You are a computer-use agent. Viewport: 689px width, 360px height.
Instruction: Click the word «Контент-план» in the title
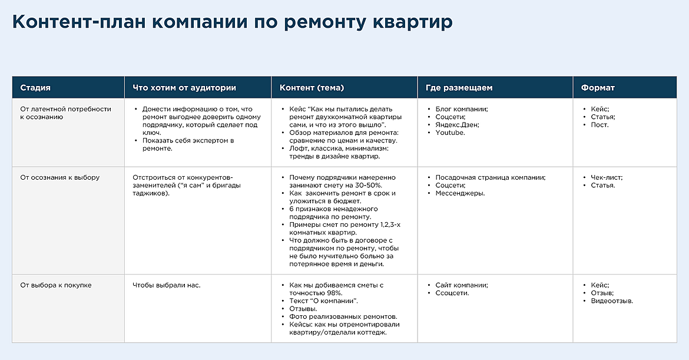pos(79,22)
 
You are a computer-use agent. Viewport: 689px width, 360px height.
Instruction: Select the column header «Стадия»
pos(35,88)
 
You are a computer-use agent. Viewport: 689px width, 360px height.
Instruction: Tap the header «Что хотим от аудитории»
pos(184,88)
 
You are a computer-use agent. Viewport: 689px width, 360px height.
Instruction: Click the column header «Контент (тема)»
pos(312,88)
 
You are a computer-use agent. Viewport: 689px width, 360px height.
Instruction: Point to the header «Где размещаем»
pos(459,88)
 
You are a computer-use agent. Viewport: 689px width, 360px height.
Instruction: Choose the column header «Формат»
pos(598,88)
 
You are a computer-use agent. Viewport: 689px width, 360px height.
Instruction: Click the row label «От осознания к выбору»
pos(60,177)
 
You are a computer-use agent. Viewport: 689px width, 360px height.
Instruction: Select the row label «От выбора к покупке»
pos(56,285)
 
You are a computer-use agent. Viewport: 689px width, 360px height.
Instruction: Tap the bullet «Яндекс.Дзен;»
pos(458,125)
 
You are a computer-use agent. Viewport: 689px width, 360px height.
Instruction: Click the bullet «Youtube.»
pos(450,133)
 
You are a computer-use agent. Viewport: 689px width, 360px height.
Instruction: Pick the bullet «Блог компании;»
pos(462,109)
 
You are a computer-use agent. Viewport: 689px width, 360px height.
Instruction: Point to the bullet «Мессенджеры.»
pos(460,193)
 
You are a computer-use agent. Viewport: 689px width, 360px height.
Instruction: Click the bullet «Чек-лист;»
pos(607,177)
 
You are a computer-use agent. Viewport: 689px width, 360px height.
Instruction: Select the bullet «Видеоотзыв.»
pos(612,301)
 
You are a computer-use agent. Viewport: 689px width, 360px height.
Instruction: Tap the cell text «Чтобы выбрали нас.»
pos(167,285)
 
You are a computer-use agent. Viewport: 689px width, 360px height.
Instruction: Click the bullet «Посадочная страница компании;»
pos(491,177)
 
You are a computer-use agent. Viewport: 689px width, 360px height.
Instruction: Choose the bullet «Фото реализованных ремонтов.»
pos(343,317)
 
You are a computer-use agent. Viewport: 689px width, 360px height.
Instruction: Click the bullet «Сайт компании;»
pos(462,285)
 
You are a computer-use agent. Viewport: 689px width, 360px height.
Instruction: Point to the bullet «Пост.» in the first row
pos(600,125)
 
